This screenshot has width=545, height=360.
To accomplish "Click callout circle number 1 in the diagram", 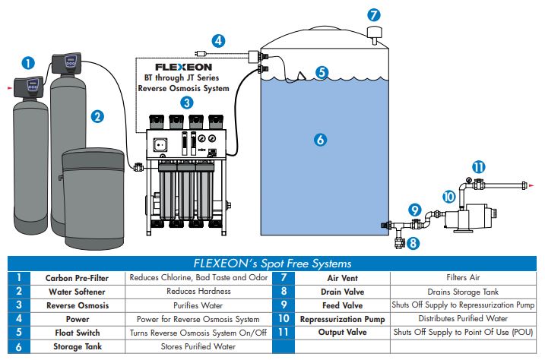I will [x=28, y=62].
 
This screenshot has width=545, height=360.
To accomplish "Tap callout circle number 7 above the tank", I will [x=373, y=14].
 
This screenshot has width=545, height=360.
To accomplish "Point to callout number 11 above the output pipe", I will [x=478, y=166].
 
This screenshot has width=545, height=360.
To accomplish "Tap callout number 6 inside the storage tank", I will [x=320, y=139].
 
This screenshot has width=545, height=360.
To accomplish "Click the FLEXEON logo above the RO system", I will [x=183, y=67].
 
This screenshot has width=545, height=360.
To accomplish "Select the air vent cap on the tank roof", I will [x=374, y=33].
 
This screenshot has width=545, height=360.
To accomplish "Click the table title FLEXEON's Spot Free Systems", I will [x=272, y=263].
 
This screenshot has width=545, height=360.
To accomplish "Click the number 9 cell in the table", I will [x=284, y=305].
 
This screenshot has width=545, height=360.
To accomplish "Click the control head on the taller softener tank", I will [x=68, y=59].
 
